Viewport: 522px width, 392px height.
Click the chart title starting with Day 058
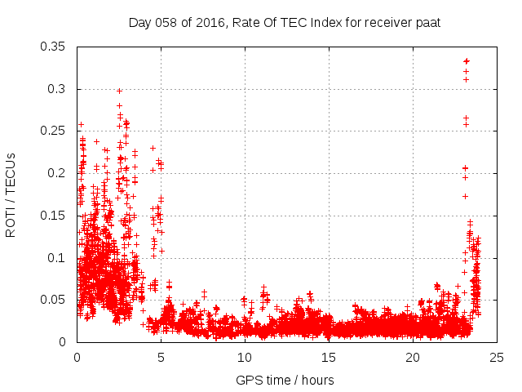point(285,22)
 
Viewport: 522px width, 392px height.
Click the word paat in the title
point(427,22)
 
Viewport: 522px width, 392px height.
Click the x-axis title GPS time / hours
point(285,380)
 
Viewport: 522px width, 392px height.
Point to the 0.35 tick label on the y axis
point(56,47)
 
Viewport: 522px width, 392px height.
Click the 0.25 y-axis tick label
point(56,131)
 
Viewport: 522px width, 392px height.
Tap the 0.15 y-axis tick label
point(56,216)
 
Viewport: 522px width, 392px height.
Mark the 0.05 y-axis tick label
point(56,300)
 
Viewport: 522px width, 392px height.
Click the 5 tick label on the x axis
point(161,357)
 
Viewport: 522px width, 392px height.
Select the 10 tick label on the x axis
point(245,357)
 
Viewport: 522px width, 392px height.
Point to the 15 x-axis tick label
point(329,357)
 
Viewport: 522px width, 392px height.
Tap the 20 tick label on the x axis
point(413,357)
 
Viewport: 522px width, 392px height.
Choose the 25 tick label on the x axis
point(497,357)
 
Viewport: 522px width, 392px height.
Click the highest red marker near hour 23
point(467,61)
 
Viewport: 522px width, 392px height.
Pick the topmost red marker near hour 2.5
point(119,91)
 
